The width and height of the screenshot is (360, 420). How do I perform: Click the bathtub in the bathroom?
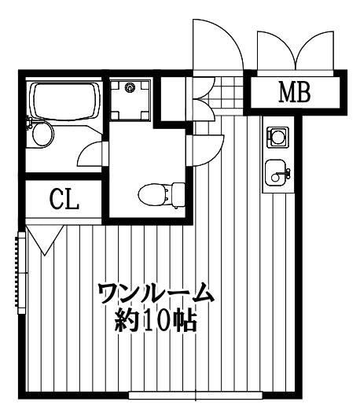[x=64, y=101]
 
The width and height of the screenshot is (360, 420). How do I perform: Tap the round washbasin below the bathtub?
[x=41, y=134]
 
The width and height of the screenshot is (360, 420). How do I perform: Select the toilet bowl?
[x=153, y=193]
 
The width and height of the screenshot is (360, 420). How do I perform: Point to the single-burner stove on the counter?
[x=277, y=137]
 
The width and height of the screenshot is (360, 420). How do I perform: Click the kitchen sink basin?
[x=276, y=172]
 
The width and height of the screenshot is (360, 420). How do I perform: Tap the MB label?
[x=295, y=93]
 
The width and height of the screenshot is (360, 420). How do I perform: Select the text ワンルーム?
[x=156, y=293]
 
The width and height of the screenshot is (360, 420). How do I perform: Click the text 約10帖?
[x=156, y=319]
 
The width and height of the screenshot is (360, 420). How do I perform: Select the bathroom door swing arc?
[x=90, y=153]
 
